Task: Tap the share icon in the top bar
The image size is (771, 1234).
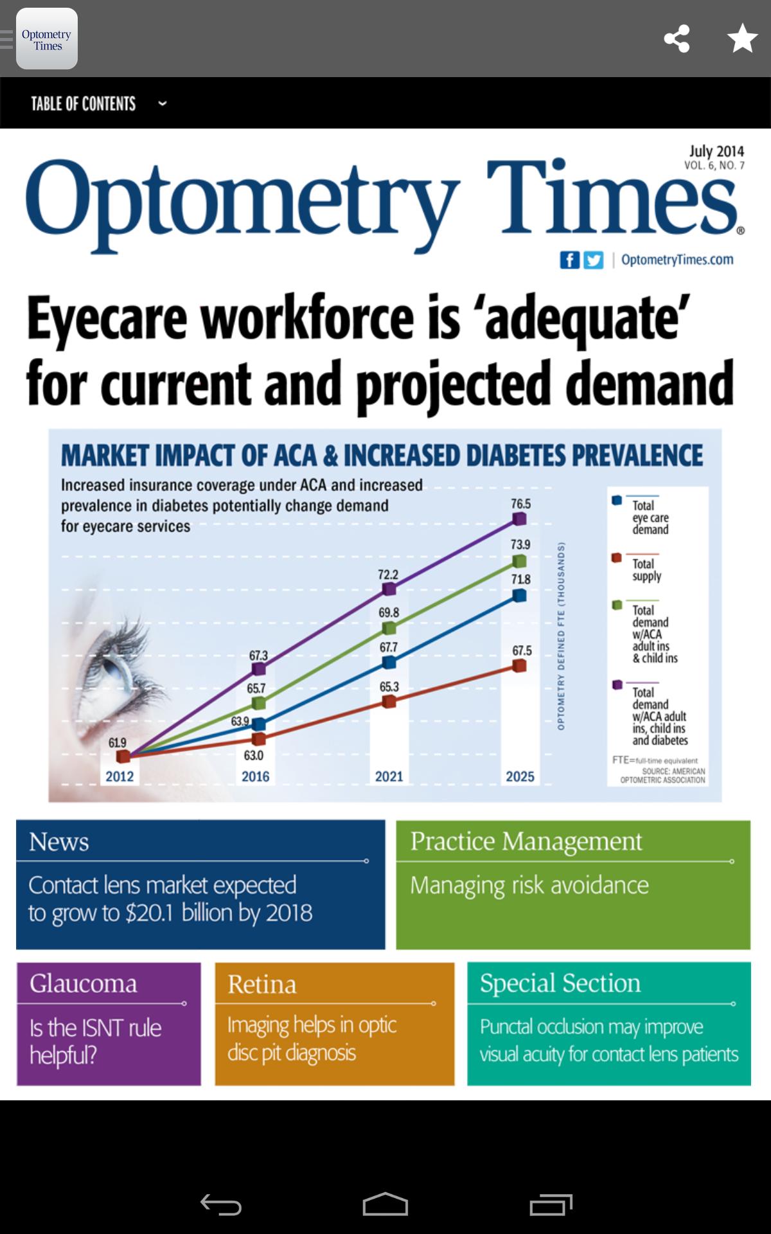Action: [677, 39]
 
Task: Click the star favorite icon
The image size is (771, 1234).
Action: [742, 39]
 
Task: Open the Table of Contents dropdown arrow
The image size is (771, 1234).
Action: [163, 103]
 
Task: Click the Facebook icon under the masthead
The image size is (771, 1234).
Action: [569, 260]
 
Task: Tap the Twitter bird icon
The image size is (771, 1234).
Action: [593, 260]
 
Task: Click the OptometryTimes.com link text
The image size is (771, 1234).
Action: [677, 260]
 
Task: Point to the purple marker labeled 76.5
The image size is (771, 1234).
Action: [520, 519]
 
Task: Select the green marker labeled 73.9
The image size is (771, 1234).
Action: [520, 562]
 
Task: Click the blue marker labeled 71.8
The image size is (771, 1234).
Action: [520, 596]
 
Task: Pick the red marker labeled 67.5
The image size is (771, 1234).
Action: [520, 666]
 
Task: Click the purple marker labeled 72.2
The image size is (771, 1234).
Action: [389, 589]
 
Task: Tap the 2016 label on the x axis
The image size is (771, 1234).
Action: [255, 776]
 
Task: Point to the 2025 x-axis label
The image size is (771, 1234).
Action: [520, 776]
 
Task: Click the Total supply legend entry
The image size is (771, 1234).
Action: [646, 569]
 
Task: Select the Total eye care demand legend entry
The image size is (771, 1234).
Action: [650, 517]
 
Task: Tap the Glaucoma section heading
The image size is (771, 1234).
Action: [84, 983]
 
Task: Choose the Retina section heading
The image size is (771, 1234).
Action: [262, 984]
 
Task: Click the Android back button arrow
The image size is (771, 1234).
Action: [220, 1204]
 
